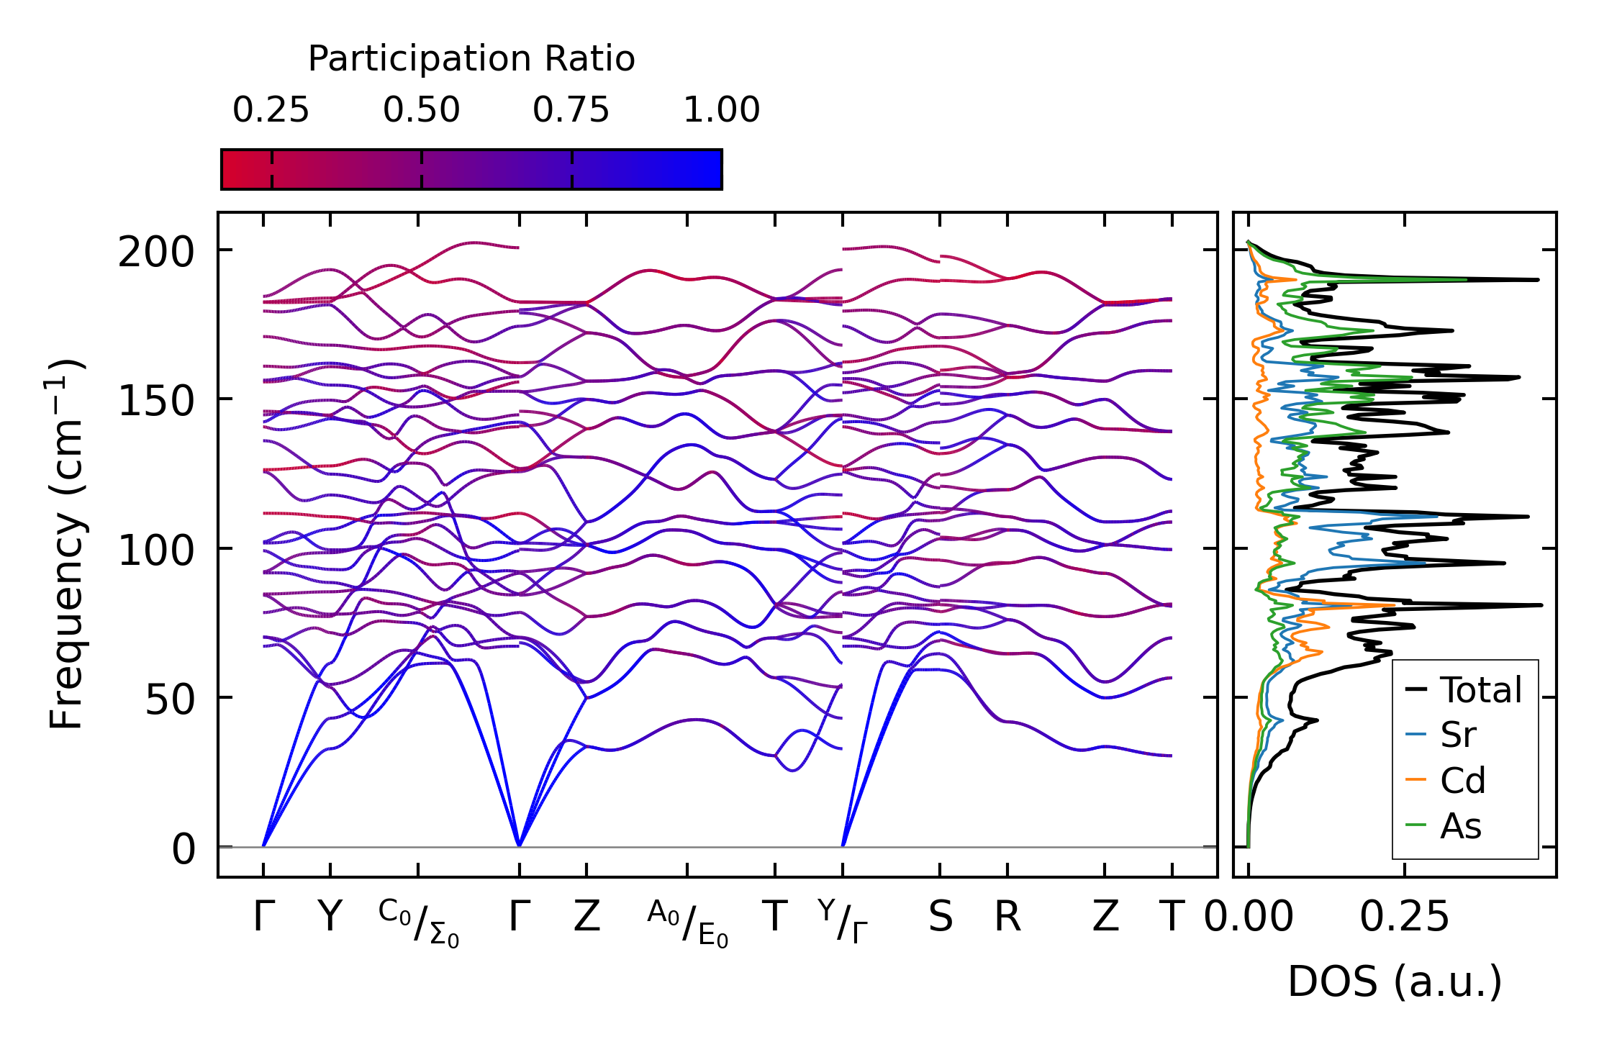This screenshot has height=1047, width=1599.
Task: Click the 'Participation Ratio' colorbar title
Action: coord(471,59)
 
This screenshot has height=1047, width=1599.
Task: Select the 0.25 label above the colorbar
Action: coord(271,111)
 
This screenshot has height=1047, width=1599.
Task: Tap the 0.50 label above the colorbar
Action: coord(421,111)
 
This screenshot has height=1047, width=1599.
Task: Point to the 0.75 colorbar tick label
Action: coord(571,111)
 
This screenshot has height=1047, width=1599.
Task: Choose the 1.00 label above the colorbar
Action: coord(721,111)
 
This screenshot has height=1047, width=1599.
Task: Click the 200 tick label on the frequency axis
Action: coord(156,253)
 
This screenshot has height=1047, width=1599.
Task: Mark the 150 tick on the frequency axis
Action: coord(156,402)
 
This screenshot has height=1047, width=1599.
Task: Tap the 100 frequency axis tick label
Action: coord(156,551)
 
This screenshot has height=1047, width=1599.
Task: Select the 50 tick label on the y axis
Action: coord(170,700)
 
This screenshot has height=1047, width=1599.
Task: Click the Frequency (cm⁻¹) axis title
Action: coord(67,544)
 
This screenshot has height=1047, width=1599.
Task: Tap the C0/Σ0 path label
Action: coord(418,923)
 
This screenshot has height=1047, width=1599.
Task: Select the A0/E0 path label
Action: coord(687,923)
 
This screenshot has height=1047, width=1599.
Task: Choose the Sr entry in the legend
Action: coord(1458,735)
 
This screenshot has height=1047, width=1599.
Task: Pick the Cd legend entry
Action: coord(1462,781)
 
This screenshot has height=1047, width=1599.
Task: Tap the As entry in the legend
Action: coord(1460,826)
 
